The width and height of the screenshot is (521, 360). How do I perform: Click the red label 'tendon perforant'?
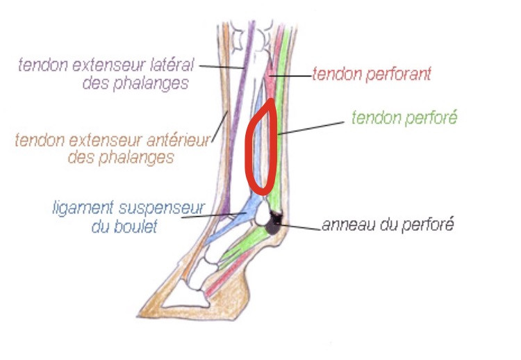[x=371, y=73]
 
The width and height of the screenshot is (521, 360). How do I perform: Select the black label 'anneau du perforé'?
[x=387, y=226]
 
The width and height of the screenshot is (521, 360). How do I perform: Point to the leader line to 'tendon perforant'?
[x=289, y=74]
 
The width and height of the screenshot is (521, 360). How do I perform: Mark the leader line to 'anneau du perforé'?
[x=299, y=226]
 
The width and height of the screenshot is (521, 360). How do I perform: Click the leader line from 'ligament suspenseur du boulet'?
[x=208, y=215]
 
